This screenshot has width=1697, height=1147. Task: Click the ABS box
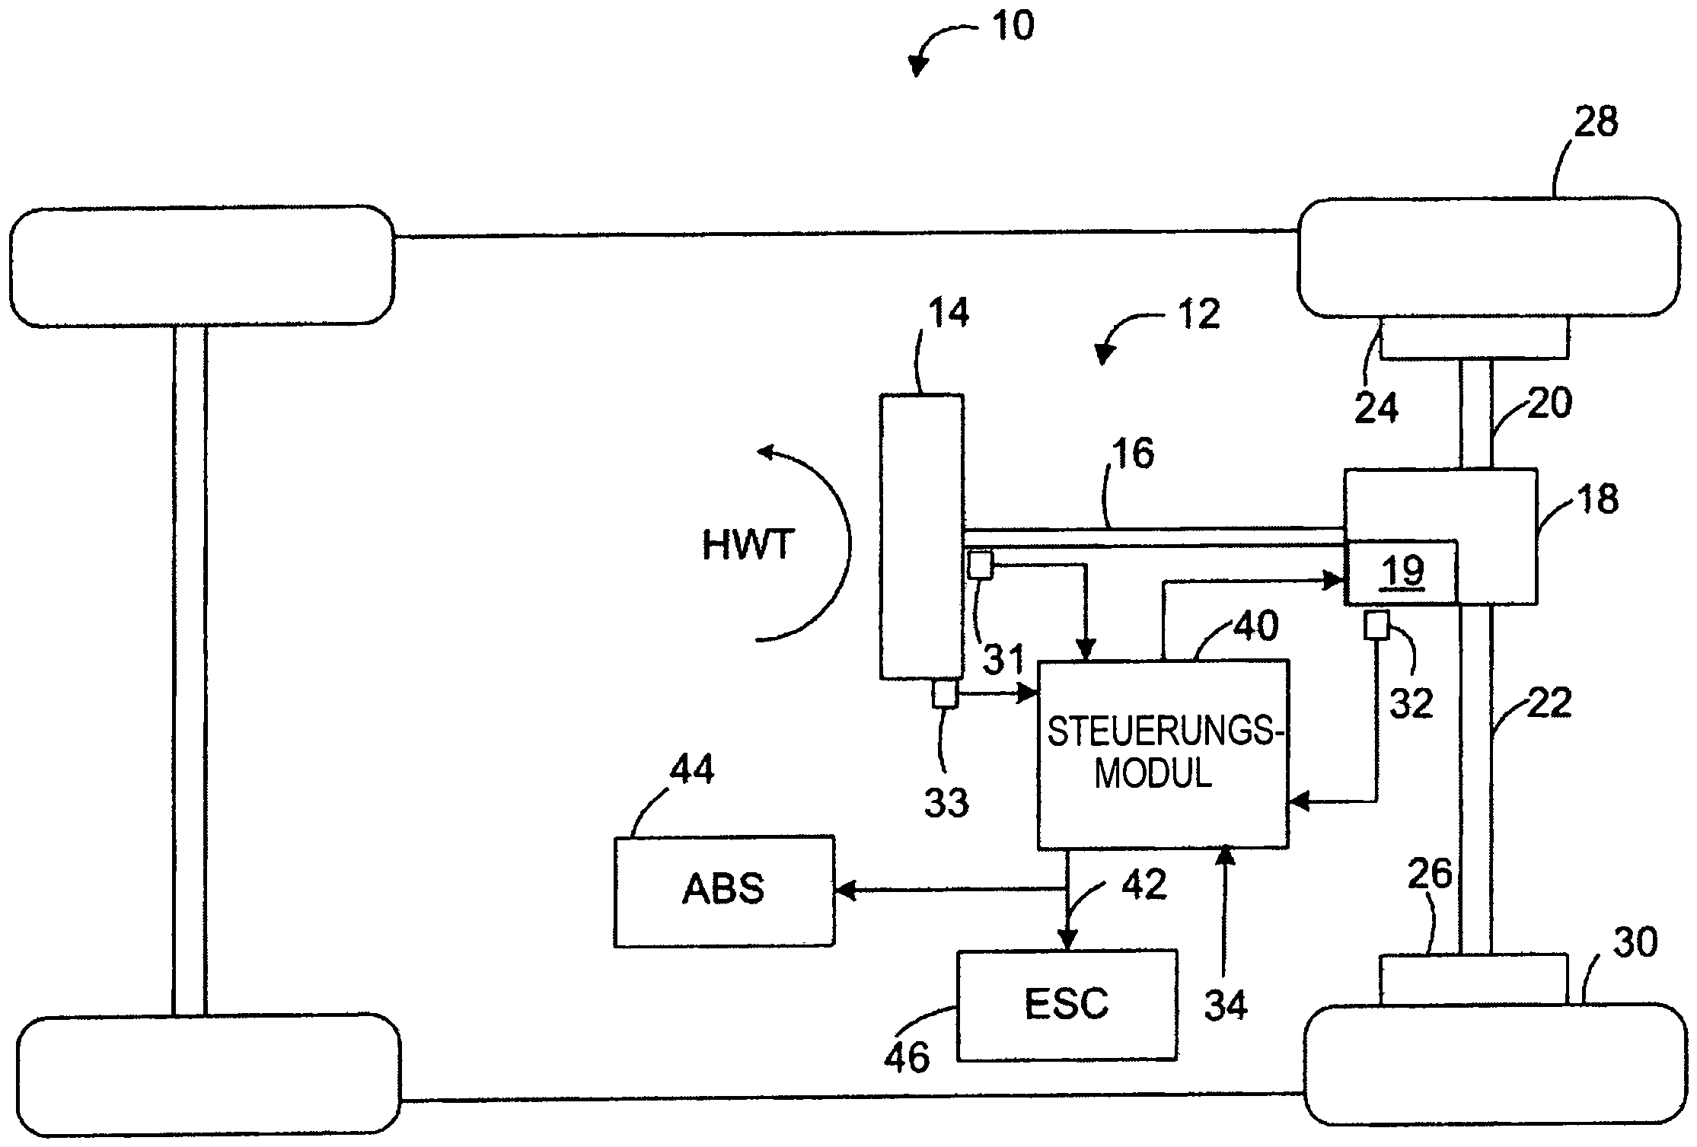point(723,891)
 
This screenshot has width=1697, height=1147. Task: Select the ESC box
point(1066,1005)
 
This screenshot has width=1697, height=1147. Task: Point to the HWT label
point(748,545)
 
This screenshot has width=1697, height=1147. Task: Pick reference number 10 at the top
point(1013,27)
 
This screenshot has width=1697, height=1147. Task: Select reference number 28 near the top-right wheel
point(1595,122)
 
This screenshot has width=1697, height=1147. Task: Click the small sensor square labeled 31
point(981,565)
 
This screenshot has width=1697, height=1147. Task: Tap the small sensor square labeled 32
point(1376,625)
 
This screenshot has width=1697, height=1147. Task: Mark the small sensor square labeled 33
point(945,693)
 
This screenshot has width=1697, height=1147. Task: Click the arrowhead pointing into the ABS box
point(845,891)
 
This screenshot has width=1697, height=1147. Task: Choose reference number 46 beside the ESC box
point(907,1058)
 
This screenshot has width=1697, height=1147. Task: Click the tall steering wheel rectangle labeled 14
point(921,537)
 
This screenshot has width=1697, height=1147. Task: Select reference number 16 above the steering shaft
point(1134,454)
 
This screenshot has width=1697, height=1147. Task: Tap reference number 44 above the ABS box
point(691,770)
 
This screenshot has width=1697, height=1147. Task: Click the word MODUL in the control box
point(1153,774)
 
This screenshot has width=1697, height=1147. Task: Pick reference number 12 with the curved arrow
point(1199,314)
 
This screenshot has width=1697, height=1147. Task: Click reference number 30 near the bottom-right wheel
point(1635,944)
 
